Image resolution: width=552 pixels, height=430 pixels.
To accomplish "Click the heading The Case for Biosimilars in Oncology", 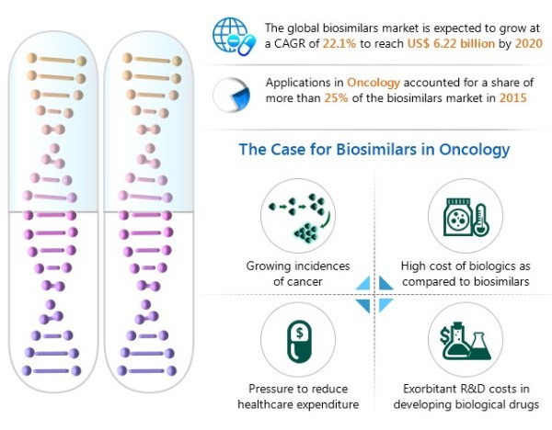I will click(374, 148).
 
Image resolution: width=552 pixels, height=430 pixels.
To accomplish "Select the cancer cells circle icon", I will click(298, 214).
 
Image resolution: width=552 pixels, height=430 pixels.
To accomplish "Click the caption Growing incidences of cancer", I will click(298, 274).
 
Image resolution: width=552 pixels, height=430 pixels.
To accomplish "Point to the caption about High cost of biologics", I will click(465, 274).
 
